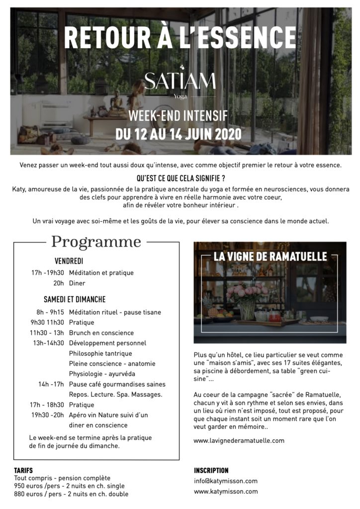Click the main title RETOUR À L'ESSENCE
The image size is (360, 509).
click(180, 38)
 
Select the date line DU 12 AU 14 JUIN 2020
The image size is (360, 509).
click(179, 134)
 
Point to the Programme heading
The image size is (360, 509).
click(96, 242)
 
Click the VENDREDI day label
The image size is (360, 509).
click(69, 261)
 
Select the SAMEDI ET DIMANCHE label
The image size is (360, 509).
click(75, 299)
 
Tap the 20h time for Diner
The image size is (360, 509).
click(59, 283)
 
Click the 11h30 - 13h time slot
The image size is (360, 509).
click(47, 333)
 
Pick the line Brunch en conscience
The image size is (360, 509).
click(101, 333)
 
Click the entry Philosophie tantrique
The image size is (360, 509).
click(100, 353)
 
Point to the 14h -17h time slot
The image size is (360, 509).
click(51, 384)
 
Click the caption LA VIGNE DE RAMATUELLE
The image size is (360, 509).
click(270, 257)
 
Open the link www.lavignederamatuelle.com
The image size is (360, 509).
click(239, 440)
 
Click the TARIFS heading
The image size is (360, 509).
click(24, 470)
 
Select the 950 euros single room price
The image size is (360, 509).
click(69, 486)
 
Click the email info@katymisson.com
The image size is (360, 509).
click(226, 481)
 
